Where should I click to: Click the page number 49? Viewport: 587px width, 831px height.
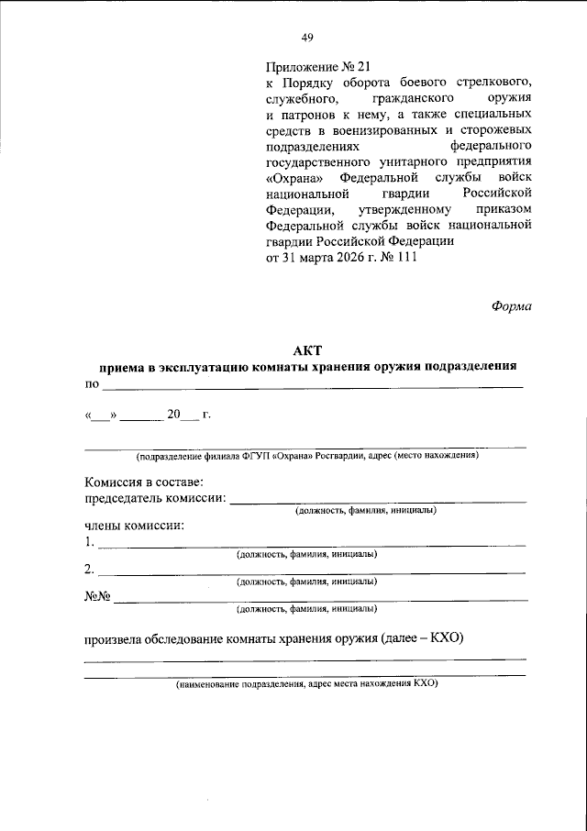307,38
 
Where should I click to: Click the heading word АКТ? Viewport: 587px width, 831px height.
308,349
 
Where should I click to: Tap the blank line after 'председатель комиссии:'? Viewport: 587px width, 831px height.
378,500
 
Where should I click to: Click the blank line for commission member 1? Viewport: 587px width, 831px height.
312,545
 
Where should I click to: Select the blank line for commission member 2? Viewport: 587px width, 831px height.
312,571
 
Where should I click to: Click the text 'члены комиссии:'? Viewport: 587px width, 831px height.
134,526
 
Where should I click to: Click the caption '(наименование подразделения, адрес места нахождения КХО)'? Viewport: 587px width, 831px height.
307,684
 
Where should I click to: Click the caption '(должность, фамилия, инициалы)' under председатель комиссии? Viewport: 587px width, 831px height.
365,510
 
